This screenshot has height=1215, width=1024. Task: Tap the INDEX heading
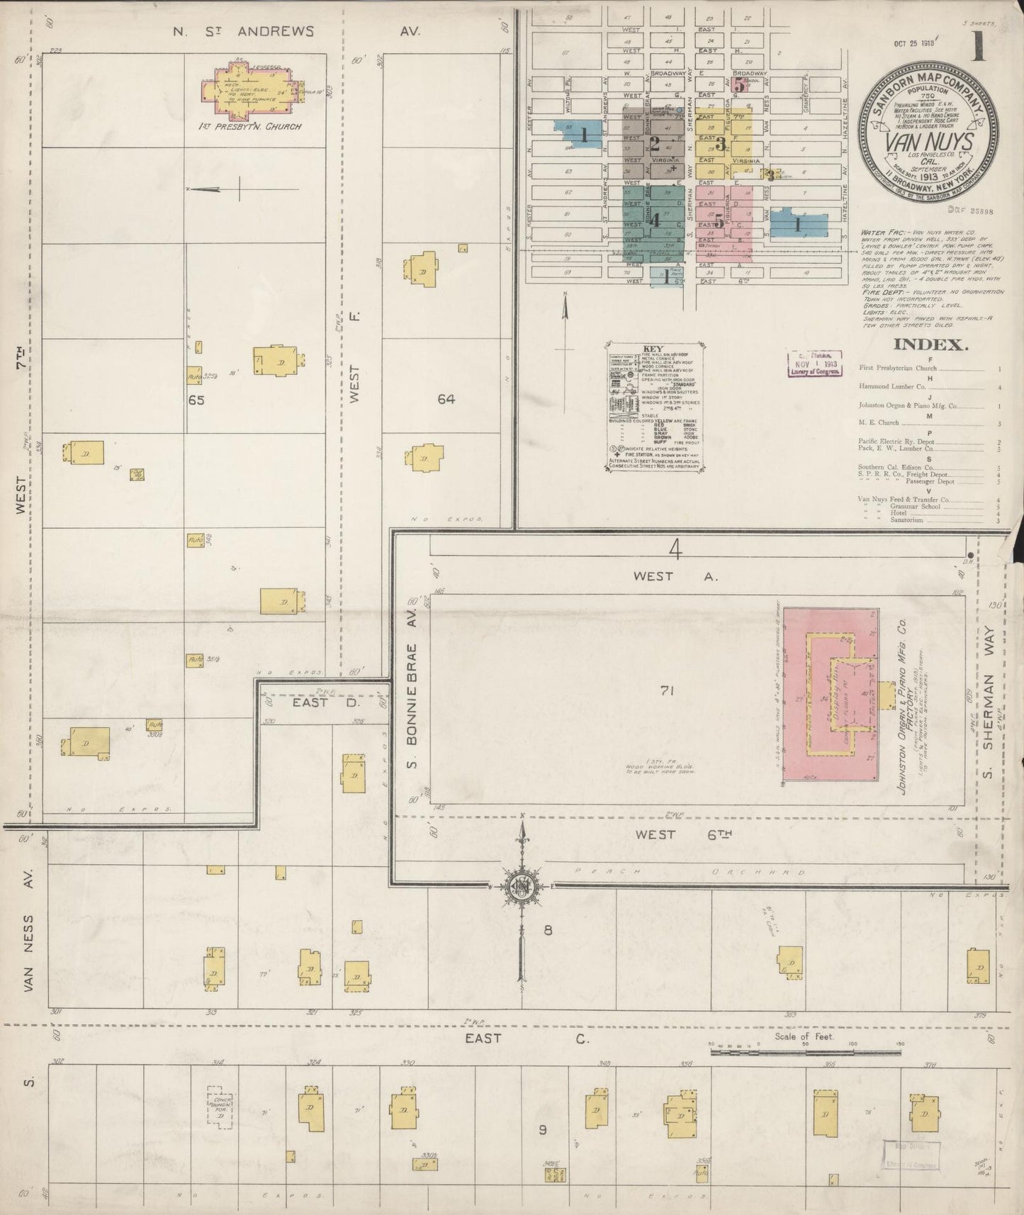coord(930,345)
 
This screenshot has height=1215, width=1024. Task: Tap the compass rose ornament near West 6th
coord(522,887)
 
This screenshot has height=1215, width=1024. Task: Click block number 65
coord(196,400)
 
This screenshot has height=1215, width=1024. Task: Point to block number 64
coord(446,400)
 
